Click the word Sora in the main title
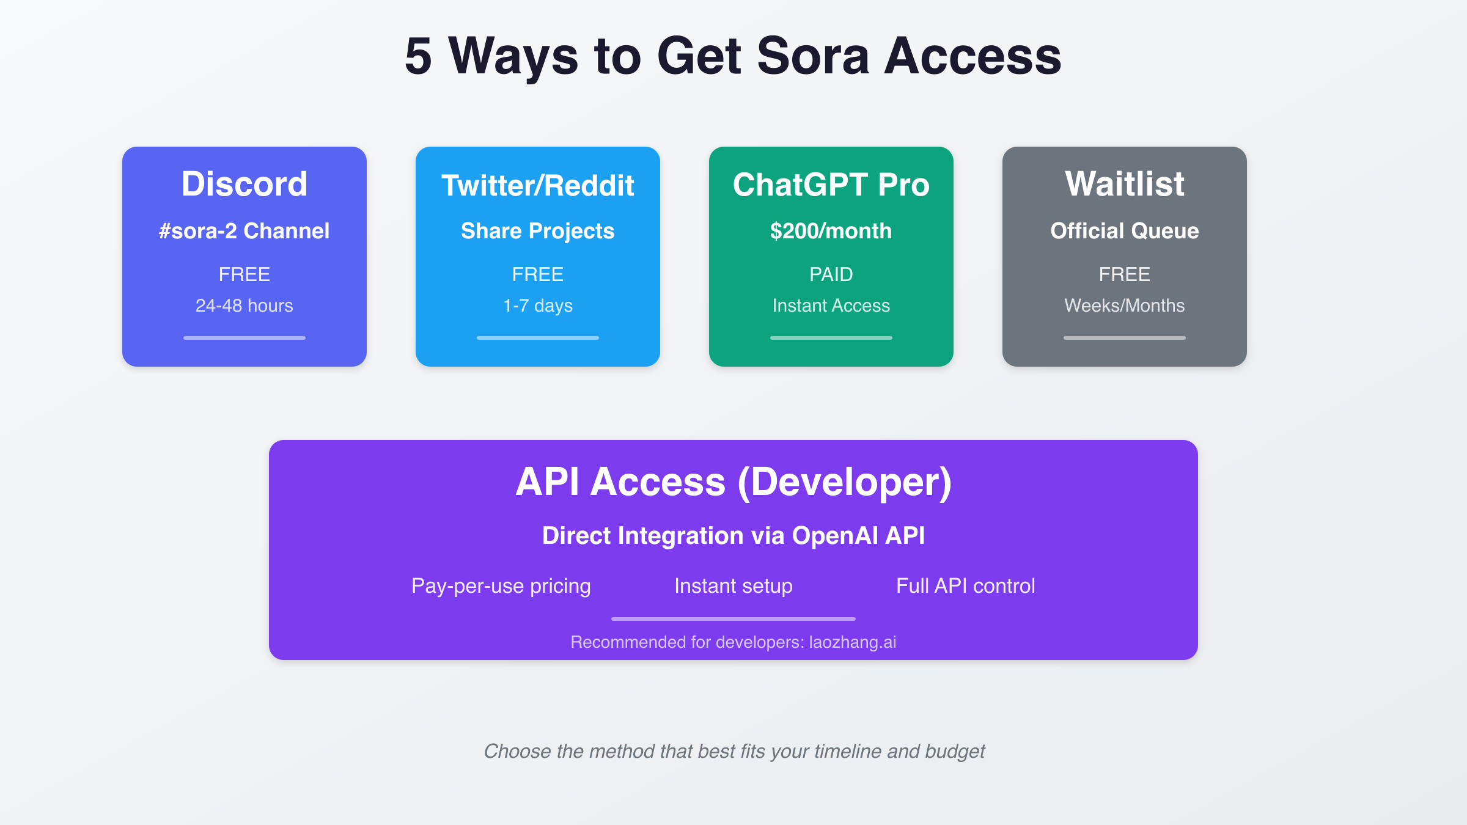(x=812, y=56)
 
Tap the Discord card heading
(x=244, y=183)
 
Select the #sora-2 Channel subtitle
(x=244, y=231)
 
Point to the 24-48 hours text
(x=244, y=306)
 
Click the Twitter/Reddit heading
(x=538, y=185)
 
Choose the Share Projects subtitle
(x=538, y=231)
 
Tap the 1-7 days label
(x=538, y=306)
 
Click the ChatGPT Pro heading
(x=831, y=185)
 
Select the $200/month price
(x=831, y=231)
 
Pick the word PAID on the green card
(x=831, y=274)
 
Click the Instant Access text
(x=831, y=306)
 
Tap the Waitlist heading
(x=1125, y=183)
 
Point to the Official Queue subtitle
(x=1125, y=231)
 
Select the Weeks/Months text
(x=1125, y=306)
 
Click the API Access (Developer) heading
(x=733, y=482)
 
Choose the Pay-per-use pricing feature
(x=501, y=586)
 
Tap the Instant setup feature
(x=733, y=586)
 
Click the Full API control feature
(x=966, y=586)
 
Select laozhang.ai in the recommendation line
(x=853, y=642)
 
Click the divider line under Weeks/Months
(x=1125, y=338)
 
